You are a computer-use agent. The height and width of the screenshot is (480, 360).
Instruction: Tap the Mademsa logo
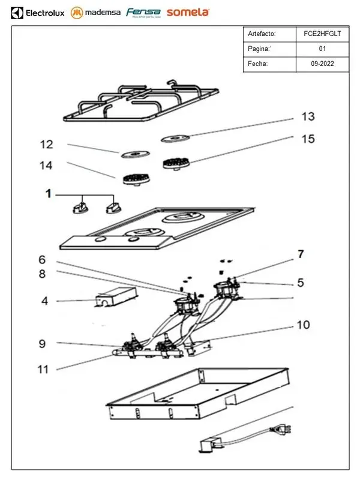95,12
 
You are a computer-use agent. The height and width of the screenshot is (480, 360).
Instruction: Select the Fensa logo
143,13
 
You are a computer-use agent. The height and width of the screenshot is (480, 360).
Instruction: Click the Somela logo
188,12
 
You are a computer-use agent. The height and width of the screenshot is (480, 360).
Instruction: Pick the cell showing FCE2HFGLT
322,34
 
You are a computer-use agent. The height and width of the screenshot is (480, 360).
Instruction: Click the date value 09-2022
322,63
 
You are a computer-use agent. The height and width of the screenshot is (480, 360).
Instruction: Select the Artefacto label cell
269,34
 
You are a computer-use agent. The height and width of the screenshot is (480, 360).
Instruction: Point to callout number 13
308,116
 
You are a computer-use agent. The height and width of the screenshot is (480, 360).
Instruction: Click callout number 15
308,139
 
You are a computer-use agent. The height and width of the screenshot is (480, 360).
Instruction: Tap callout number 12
46,145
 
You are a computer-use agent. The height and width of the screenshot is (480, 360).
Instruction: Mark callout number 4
44,301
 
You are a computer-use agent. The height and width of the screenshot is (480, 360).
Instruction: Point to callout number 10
304,325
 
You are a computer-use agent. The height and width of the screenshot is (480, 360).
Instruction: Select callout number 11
43,369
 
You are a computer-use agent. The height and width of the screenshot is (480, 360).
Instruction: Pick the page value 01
322,49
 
